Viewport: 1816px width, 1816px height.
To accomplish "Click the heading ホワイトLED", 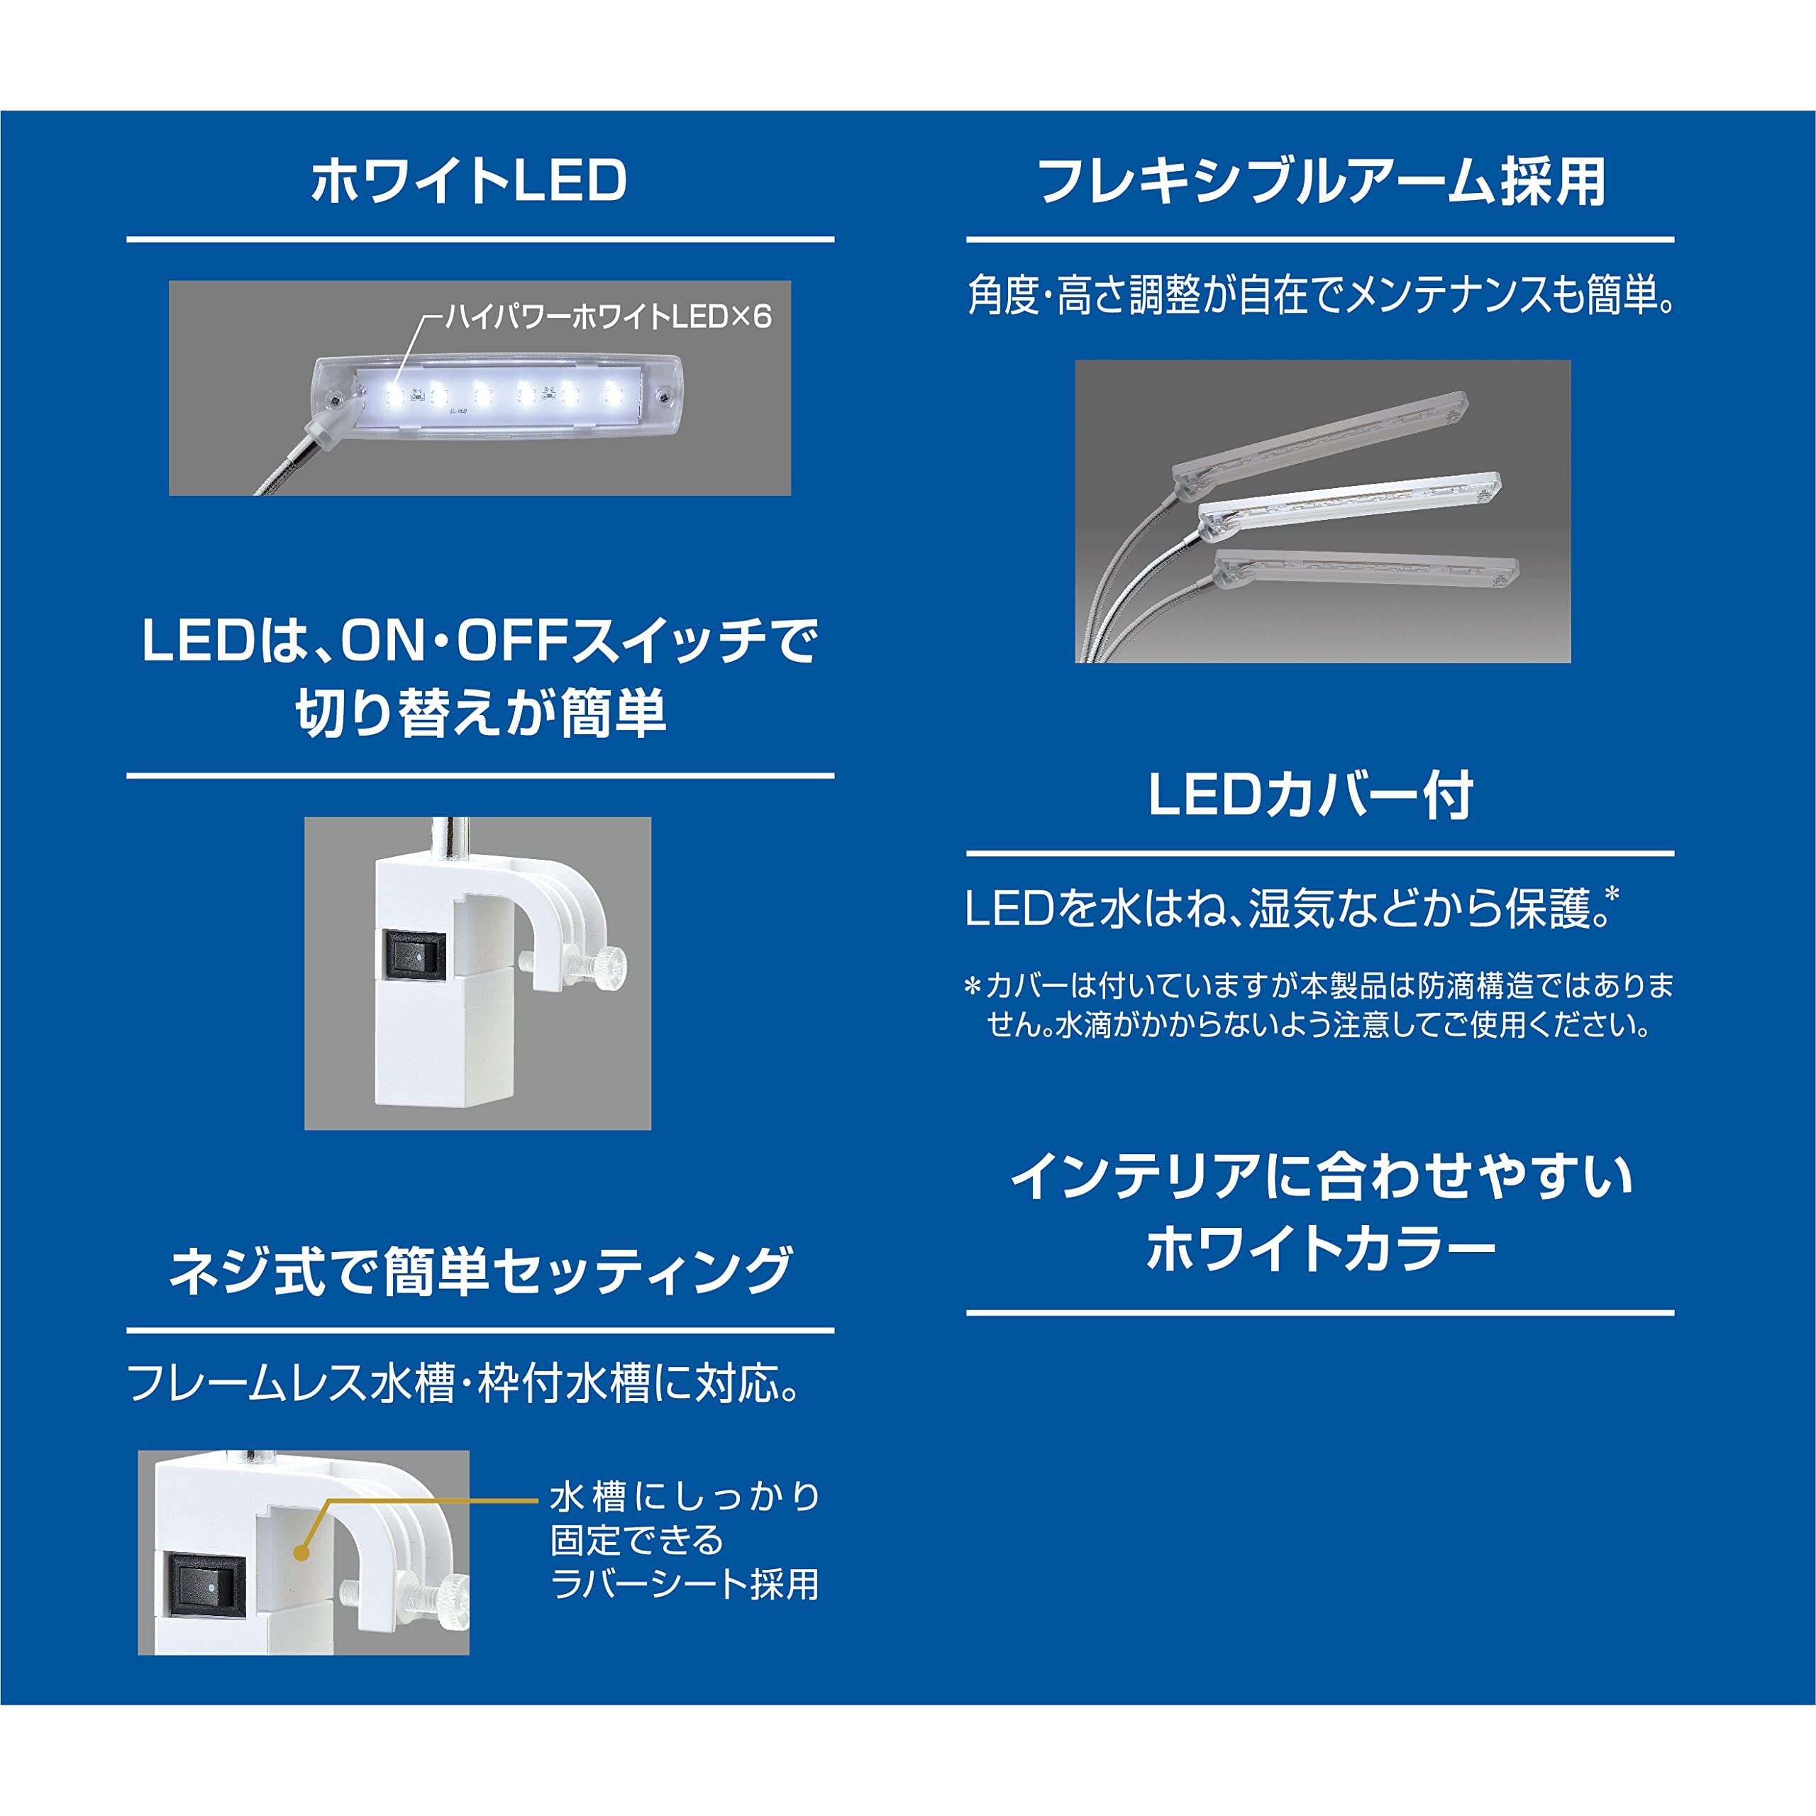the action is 468,182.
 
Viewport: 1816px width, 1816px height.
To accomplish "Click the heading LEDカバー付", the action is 1310,796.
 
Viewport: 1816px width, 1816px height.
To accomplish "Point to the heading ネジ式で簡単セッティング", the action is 480,1270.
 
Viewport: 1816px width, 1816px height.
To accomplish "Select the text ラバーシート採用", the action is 685,1585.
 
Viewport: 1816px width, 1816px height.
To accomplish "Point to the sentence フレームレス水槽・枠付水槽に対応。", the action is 465,1383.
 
